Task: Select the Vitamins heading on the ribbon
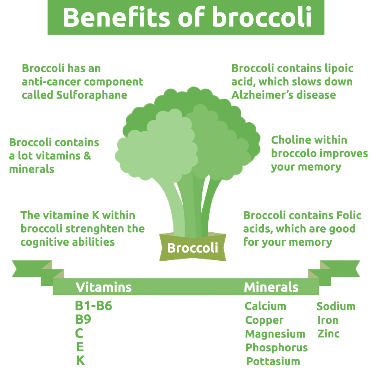click(103, 287)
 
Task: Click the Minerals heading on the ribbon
click(271, 287)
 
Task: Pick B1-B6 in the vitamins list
click(93, 306)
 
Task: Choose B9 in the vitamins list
click(83, 320)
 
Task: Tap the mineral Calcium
click(266, 306)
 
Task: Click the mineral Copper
click(264, 320)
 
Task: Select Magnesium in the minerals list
click(275, 334)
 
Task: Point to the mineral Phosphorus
click(277, 348)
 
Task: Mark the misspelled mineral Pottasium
click(273, 361)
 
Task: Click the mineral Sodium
click(336, 306)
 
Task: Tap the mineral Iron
click(328, 320)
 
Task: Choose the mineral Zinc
click(328, 334)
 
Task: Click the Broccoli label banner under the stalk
click(192, 248)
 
